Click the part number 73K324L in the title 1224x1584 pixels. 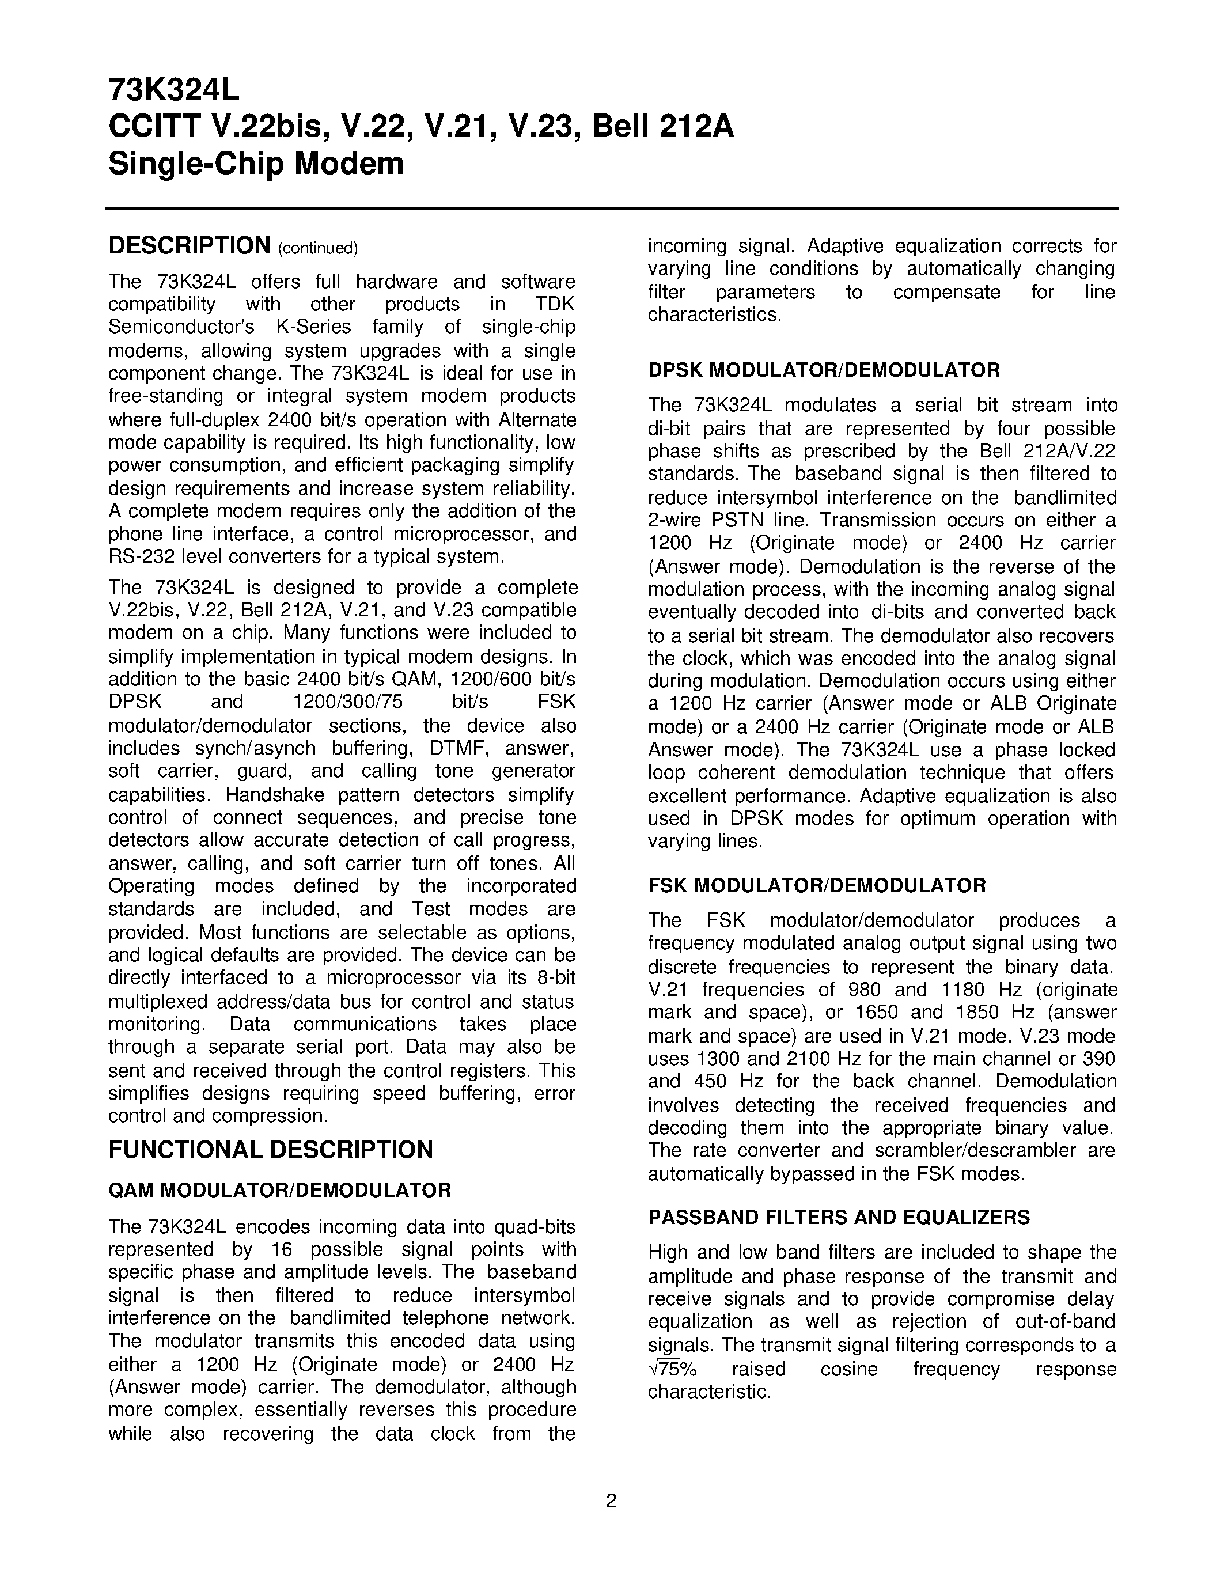(x=173, y=90)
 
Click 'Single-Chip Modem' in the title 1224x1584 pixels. (x=255, y=163)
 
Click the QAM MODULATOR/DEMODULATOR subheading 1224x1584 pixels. (x=279, y=1190)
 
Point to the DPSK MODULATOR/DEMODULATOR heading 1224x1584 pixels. (x=824, y=370)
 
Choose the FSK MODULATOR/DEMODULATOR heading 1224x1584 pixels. (x=817, y=885)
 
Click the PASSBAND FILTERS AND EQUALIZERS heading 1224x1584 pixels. (x=839, y=1217)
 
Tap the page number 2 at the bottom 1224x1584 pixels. (x=611, y=1500)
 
